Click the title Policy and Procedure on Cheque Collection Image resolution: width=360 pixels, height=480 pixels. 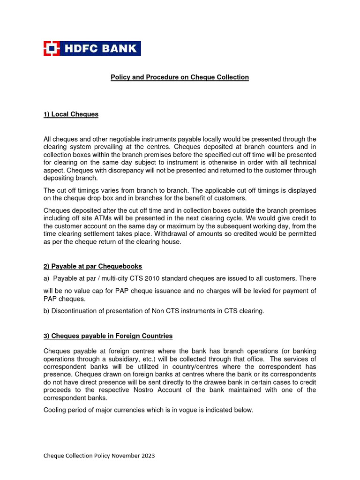click(180, 77)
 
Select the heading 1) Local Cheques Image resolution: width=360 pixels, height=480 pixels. click(71, 114)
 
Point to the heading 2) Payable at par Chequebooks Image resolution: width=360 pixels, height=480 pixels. click(93, 266)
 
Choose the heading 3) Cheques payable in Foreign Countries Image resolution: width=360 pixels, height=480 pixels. click(108, 336)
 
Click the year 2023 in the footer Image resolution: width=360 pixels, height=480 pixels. click(147, 456)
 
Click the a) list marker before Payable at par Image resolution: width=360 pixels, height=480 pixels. click(46, 278)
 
